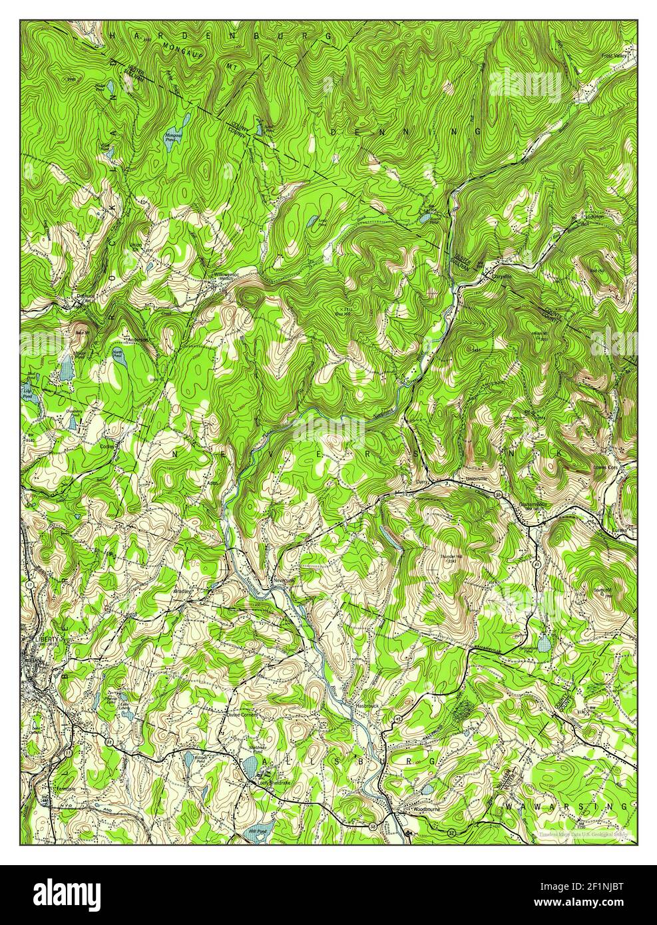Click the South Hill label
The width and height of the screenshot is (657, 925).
click(x=602, y=590)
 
